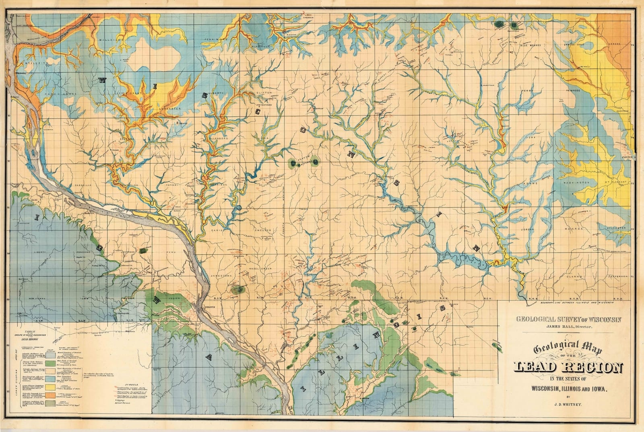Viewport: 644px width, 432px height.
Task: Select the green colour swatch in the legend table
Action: (50, 364)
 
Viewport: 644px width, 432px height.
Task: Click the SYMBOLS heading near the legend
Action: (132, 385)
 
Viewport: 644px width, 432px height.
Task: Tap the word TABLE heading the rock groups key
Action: (30, 331)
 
